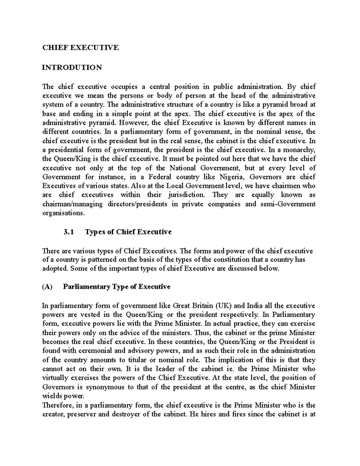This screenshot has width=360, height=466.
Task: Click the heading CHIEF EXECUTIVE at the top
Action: coord(80,47)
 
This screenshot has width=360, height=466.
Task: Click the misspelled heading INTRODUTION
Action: coord(72,67)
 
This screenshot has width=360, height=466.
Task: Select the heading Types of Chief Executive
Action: coord(128,232)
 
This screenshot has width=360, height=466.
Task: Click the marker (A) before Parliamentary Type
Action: coord(47,287)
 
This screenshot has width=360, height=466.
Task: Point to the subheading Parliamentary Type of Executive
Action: coord(117,287)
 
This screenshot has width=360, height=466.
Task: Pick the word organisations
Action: coord(64,213)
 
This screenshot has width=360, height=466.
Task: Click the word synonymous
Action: coord(105,387)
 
